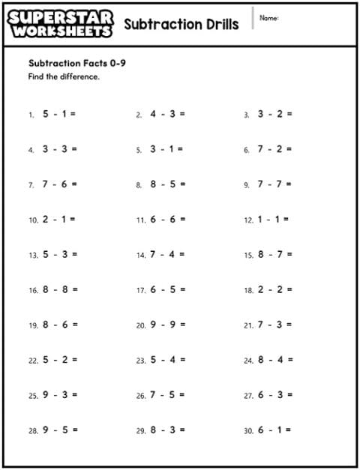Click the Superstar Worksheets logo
(61, 24)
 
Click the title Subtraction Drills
(181, 24)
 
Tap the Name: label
(269, 17)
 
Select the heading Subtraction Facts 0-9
(76, 63)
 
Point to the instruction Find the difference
(64, 76)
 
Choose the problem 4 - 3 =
(167, 114)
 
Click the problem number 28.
(33, 431)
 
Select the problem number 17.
(141, 290)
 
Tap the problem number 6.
(247, 150)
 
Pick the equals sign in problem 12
(286, 220)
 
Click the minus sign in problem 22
(55, 360)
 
